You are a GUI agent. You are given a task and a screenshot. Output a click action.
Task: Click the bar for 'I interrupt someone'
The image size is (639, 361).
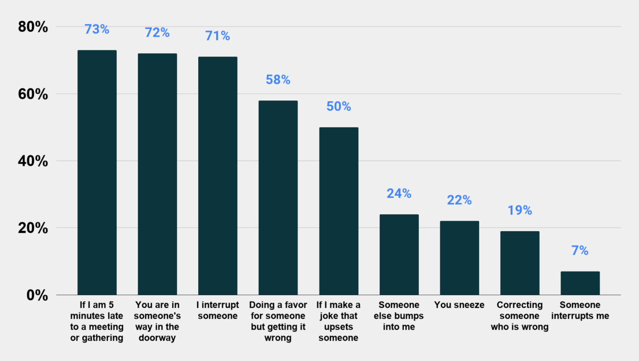[218, 176]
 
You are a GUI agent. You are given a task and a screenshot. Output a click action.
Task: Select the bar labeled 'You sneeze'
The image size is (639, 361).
[459, 258]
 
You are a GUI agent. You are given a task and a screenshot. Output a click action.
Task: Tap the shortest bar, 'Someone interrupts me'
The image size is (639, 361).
[580, 283]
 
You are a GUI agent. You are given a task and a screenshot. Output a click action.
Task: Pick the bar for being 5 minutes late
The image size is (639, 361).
[97, 172]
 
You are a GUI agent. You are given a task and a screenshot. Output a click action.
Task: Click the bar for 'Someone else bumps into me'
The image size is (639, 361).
[399, 255]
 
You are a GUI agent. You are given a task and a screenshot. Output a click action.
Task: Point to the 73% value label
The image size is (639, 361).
[97, 29]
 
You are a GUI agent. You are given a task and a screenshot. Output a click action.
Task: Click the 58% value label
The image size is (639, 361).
[278, 80]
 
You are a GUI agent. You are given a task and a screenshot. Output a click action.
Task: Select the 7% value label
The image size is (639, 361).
[580, 251]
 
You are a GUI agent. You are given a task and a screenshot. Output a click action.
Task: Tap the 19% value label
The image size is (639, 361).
[520, 210]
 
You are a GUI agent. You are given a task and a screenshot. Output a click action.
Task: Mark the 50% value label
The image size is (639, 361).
[338, 106]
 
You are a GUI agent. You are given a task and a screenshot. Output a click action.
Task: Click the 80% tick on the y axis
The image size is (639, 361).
[33, 27]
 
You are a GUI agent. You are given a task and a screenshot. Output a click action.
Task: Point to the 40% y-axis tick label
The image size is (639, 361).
[33, 161]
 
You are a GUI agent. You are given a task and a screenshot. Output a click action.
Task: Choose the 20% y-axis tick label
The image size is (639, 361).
[33, 228]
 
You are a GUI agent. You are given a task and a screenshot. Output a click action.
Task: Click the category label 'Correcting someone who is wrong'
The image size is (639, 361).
[520, 316]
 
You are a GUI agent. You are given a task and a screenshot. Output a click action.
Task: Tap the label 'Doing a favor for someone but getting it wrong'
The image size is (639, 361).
[278, 321]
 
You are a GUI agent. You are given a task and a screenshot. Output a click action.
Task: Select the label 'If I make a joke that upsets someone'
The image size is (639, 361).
[338, 321]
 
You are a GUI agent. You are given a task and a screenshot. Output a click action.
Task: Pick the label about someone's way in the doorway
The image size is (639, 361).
[157, 321]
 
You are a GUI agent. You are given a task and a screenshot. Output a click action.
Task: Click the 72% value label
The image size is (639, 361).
[157, 33]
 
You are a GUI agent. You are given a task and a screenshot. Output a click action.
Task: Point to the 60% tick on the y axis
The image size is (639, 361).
[33, 94]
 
